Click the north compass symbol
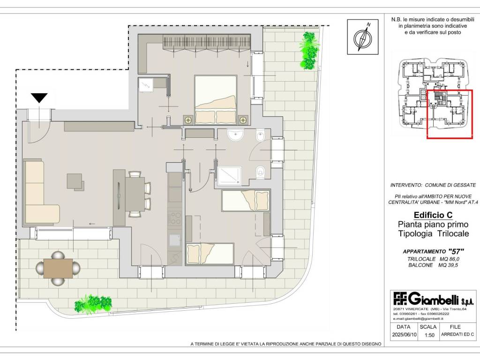click(x=363, y=37)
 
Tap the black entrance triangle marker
click(x=39, y=97)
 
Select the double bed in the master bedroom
click(x=216, y=99)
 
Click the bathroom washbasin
click(x=235, y=135)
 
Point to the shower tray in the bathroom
click(x=230, y=175)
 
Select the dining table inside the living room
click(x=135, y=195)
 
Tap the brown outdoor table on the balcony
click(x=58, y=269)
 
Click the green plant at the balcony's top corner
click(x=308, y=51)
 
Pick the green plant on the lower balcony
click(x=93, y=304)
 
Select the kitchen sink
click(x=175, y=240)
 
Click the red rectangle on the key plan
click(x=450, y=114)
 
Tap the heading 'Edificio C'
click(x=433, y=215)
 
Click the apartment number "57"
click(x=456, y=251)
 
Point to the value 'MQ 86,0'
click(x=450, y=259)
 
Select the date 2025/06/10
click(x=404, y=335)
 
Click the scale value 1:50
click(x=429, y=335)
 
